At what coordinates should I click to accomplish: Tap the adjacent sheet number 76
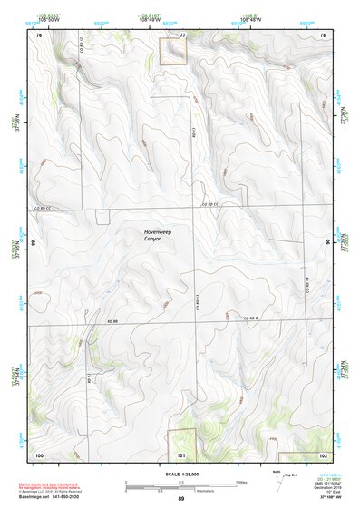[x=39, y=34]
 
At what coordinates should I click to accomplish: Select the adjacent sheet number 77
[x=182, y=34]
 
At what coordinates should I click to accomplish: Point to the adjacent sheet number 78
[x=323, y=34]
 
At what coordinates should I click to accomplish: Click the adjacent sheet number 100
[x=39, y=454]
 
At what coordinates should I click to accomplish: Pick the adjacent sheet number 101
[x=181, y=454]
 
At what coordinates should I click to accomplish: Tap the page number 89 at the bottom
[x=181, y=499]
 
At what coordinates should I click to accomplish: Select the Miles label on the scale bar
[x=241, y=481]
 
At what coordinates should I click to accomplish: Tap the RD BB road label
[x=114, y=321]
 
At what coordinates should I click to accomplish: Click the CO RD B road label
[x=250, y=318]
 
